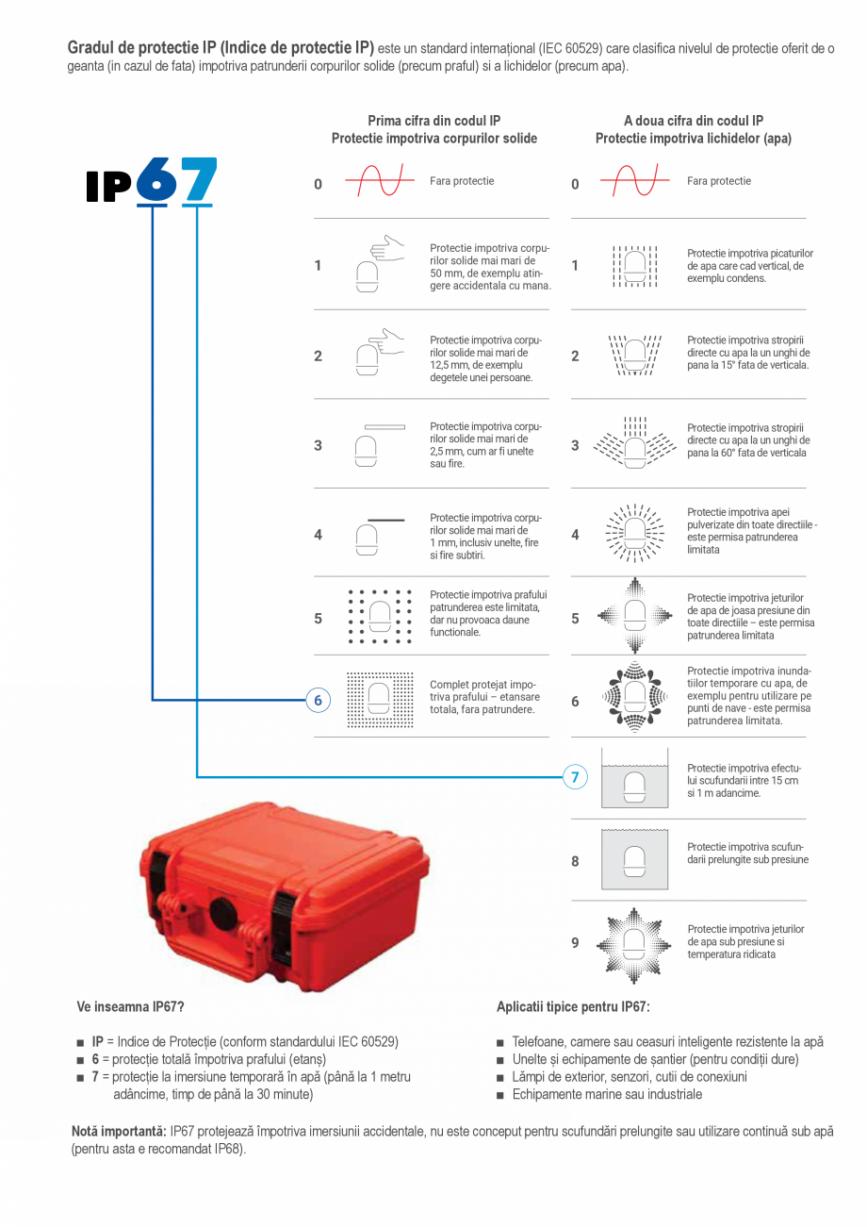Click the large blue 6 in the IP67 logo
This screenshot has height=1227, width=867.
pyautogui.click(x=156, y=180)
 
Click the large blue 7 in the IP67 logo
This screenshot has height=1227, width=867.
pyautogui.click(x=199, y=180)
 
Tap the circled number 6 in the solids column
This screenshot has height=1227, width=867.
pyautogui.click(x=318, y=700)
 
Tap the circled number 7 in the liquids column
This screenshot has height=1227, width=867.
pyautogui.click(x=575, y=777)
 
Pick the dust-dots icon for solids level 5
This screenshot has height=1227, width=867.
pyautogui.click(x=380, y=618)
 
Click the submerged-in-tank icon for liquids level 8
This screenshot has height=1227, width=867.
pyautogui.click(x=635, y=860)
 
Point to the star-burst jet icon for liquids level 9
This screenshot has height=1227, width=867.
pyautogui.click(x=635, y=942)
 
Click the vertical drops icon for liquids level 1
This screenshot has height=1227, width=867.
pyautogui.click(x=635, y=265)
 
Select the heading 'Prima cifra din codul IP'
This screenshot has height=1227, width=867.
pyautogui.click(x=433, y=121)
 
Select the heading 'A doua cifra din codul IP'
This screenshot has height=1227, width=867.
pyautogui.click(x=693, y=121)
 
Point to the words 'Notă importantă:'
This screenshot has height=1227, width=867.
pyautogui.click(x=119, y=1131)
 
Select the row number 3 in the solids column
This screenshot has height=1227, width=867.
pyautogui.click(x=318, y=445)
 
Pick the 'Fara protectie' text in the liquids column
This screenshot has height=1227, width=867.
pyautogui.click(x=719, y=181)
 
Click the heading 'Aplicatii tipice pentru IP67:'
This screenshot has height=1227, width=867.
pyautogui.click(x=573, y=1007)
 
